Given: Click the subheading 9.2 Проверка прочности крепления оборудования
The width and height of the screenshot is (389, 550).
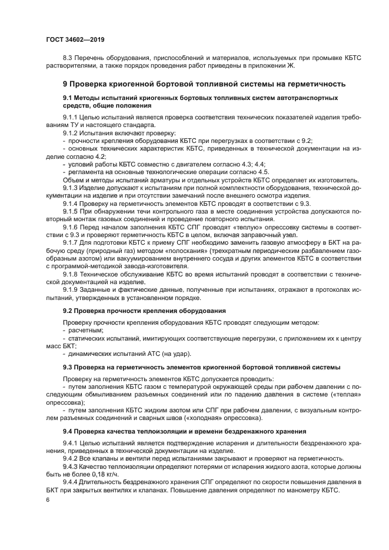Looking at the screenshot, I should [x=144, y=310].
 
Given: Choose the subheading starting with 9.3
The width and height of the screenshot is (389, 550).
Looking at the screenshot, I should [x=201, y=367].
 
